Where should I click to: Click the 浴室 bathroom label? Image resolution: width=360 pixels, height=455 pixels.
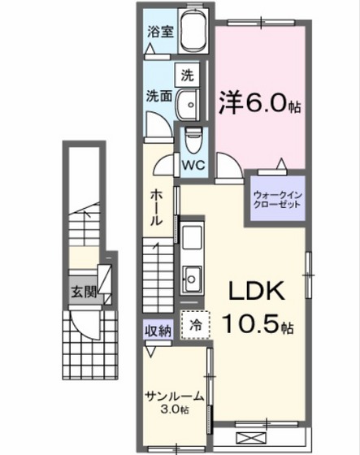pyautogui.click(x=160, y=32)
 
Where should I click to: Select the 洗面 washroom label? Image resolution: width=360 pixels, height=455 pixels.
pyautogui.click(x=158, y=94)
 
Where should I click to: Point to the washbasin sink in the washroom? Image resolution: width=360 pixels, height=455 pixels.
pyautogui.click(x=189, y=104)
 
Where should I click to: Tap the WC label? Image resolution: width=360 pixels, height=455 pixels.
pyautogui.click(x=193, y=164)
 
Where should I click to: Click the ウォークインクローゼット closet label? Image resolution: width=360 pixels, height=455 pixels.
pyautogui.click(x=277, y=198)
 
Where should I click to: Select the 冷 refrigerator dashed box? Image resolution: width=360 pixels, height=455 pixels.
pyautogui.click(x=196, y=323)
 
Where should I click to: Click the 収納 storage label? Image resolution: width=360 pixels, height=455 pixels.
pyautogui.click(x=158, y=330)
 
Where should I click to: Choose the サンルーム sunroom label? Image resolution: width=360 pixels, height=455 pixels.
pyautogui.click(x=174, y=396)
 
